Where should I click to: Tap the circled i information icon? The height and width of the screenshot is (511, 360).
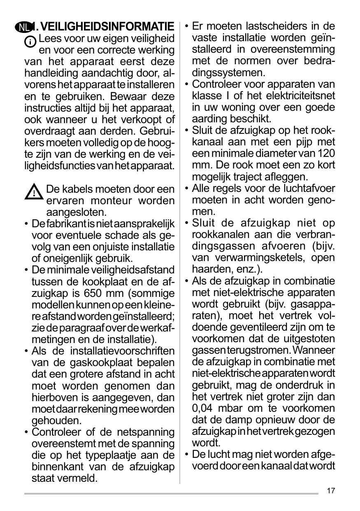(30, 42)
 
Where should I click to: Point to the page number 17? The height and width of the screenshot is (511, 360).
(331, 491)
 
